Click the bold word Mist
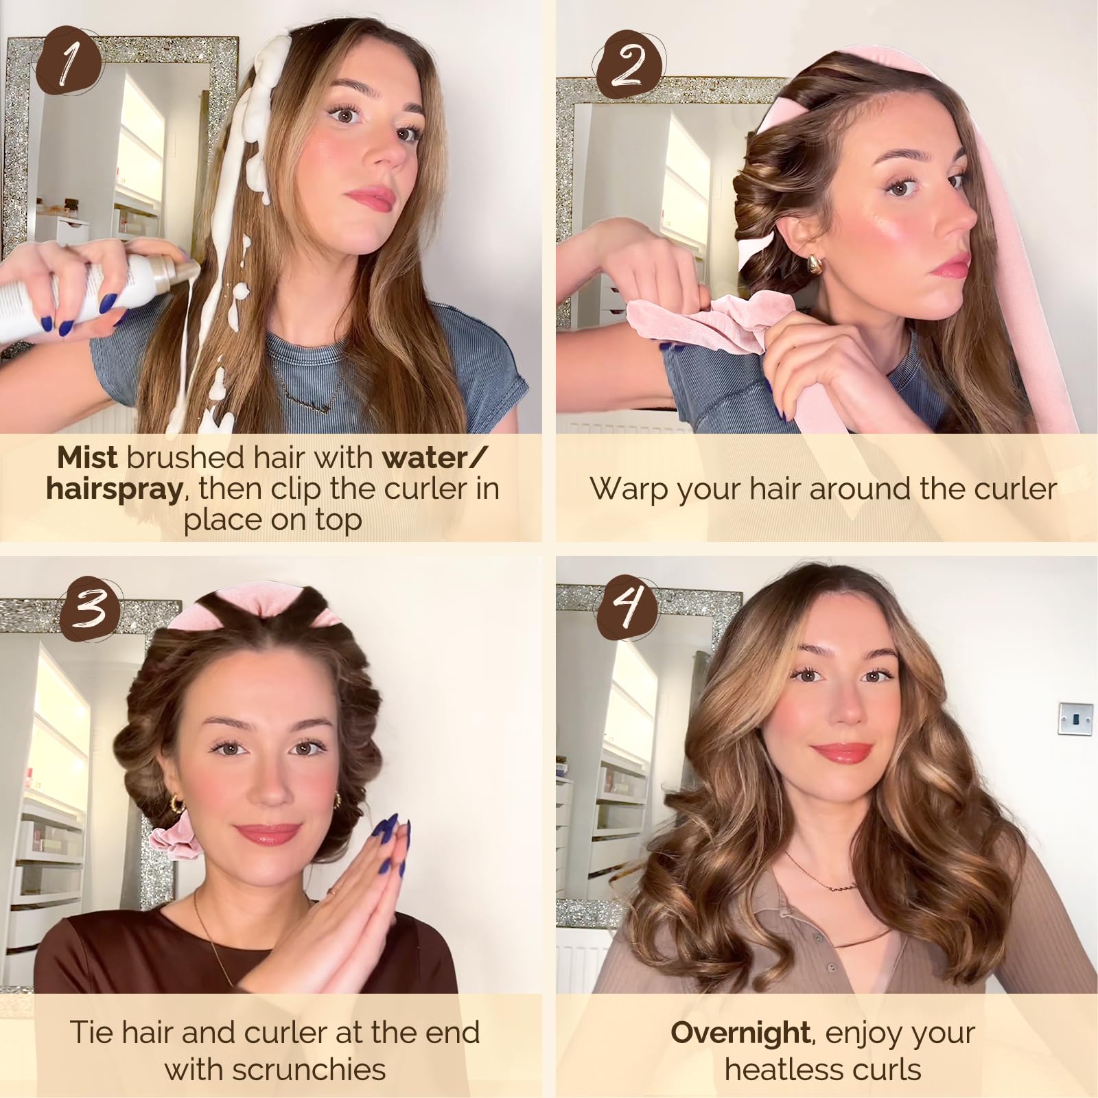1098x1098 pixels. [x=87, y=458]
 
